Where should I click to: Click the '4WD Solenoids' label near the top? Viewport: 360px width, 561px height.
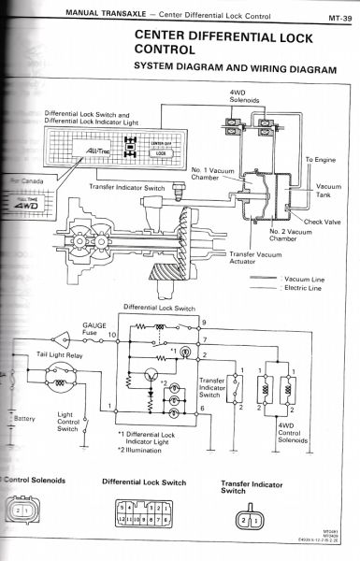(x=245, y=95)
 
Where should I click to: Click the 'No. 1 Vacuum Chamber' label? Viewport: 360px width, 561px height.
(x=209, y=174)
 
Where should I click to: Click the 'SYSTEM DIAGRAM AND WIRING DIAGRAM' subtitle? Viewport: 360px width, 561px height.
(x=234, y=67)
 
